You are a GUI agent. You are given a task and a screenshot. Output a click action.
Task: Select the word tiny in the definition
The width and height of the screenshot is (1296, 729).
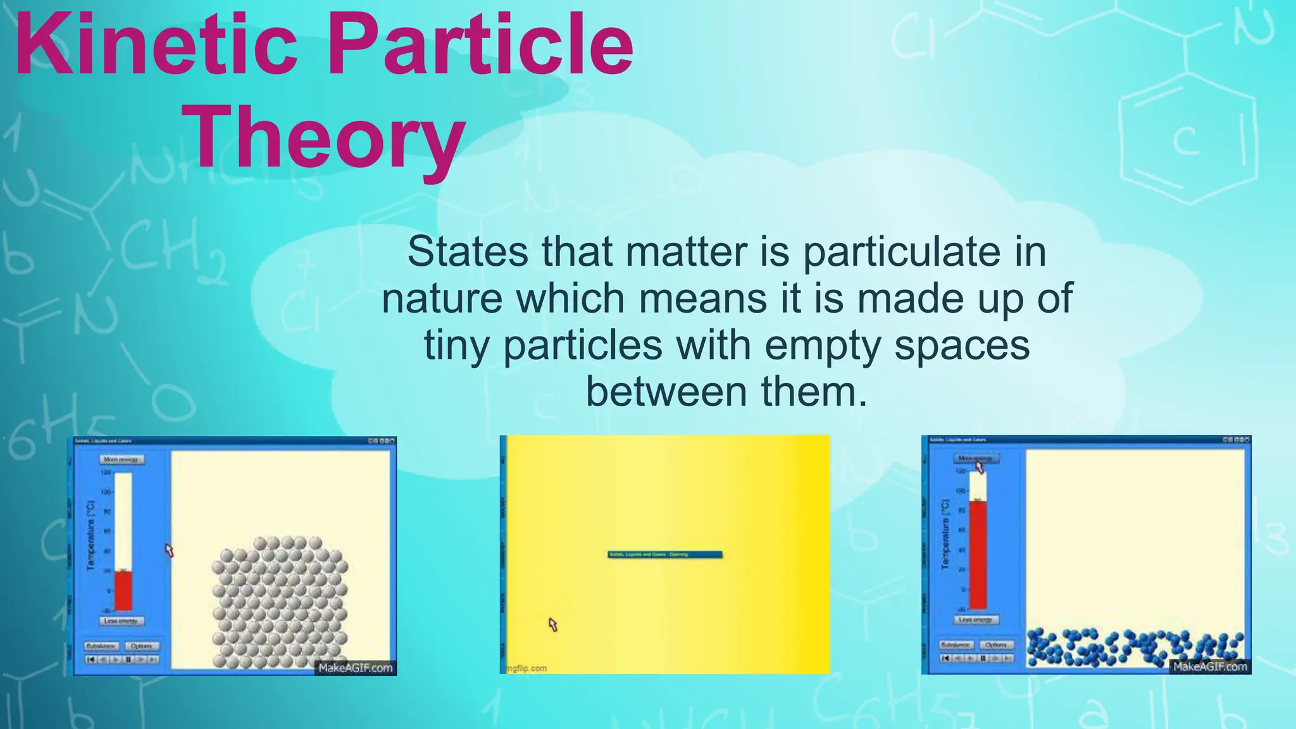click(456, 346)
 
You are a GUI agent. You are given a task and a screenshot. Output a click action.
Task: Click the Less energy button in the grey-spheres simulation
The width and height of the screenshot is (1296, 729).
click(121, 621)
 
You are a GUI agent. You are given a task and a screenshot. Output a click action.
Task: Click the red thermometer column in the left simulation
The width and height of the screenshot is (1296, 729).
click(123, 590)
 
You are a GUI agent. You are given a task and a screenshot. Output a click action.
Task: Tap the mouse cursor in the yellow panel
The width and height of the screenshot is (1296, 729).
click(552, 625)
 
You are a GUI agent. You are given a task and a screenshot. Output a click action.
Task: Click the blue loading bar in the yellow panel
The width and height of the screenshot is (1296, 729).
click(664, 554)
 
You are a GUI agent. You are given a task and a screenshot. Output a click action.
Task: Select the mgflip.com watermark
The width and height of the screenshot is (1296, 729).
click(526, 668)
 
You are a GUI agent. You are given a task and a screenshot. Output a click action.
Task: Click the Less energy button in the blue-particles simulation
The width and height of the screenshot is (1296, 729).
click(975, 620)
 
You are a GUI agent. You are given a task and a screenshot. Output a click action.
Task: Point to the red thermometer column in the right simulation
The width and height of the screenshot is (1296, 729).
click(978, 554)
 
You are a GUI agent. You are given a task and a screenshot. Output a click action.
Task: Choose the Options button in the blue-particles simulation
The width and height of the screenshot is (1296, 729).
click(996, 645)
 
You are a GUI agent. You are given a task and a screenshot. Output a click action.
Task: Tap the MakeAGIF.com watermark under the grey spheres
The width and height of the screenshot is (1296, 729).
click(355, 668)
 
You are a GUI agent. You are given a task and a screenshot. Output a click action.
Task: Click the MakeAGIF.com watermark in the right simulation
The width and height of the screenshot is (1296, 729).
click(1209, 666)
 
